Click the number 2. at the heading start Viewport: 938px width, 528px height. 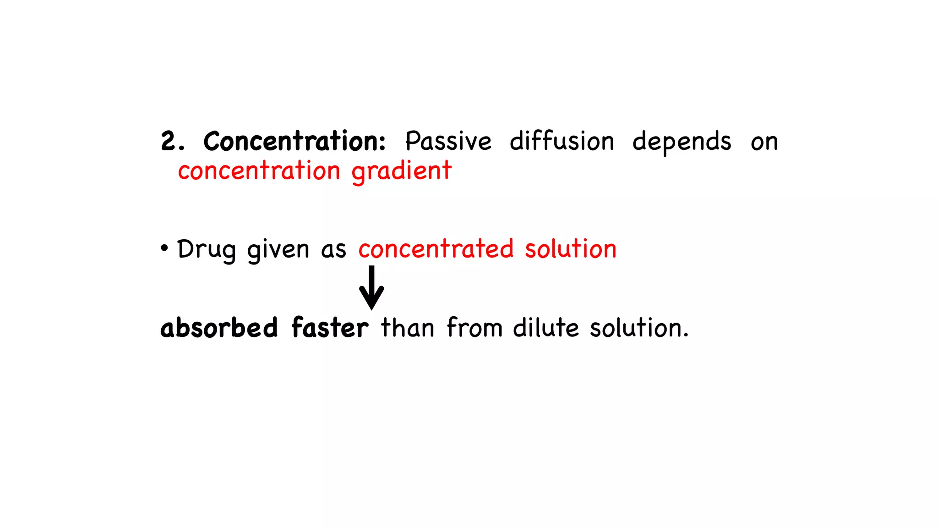(x=173, y=141)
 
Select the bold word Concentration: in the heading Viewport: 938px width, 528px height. (x=294, y=141)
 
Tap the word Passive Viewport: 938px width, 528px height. (x=448, y=141)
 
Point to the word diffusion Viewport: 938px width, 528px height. (x=562, y=141)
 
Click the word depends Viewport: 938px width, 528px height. (x=682, y=142)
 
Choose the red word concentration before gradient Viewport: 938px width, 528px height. (x=259, y=171)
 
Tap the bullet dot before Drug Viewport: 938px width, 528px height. (x=164, y=249)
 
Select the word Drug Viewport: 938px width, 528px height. (x=206, y=250)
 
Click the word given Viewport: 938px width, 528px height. (x=278, y=250)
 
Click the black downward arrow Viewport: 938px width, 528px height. (x=371, y=288)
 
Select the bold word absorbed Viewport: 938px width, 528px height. (x=219, y=328)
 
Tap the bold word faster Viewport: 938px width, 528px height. (x=330, y=328)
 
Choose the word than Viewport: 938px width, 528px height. (x=408, y=328)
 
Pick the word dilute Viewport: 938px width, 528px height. (x=546, y=328)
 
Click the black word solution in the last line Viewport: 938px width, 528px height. (x=639, y=328)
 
